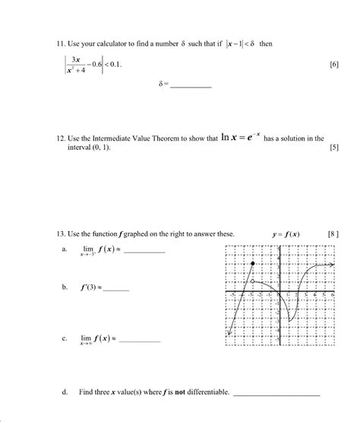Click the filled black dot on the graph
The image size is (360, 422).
click(x=252, y=263)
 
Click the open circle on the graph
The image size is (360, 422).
click(x=252, y=282)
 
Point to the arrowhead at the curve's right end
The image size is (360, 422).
click(x=333, y=265)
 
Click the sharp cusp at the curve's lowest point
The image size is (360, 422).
click(x=289, y=322)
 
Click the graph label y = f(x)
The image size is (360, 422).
click(x=285, y=233)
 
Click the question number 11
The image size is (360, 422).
click(x=62, y=44)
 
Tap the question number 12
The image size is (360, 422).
click(x=62, y=138)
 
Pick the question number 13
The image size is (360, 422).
click(x=62, y=233)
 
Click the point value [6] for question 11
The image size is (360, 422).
click(x=333, y=65)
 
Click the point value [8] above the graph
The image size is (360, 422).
click(x=333, y=233)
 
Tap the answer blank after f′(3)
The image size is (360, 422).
click(x=118, y=290)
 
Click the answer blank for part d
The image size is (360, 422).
click(x=276, y=395)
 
